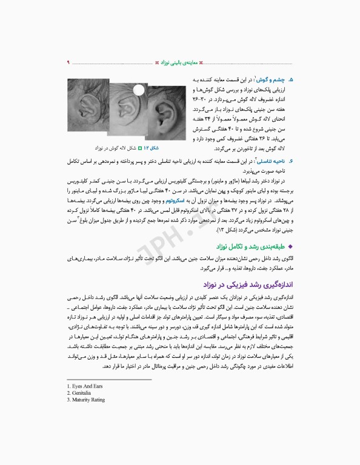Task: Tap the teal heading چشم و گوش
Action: [x=270, y=79]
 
